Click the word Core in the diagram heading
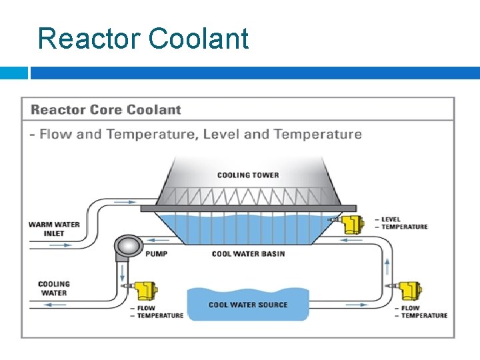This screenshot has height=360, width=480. (x=105, y=110)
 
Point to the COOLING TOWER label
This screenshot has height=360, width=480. (x=248, y=175)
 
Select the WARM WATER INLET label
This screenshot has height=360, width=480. (x=54, y=229)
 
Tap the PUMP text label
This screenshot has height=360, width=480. (x=156, y=254)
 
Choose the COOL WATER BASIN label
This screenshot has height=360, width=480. (x=248, y=254)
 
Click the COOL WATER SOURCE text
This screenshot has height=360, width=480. (x=248, y=305)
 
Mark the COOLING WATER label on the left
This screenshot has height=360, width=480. (x=54, y=288)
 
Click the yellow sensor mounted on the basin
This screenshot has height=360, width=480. (x=351, y=224)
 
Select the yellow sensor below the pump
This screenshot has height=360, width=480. (x=143, y=290)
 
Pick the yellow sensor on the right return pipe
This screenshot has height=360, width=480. (x=408, y=291)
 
